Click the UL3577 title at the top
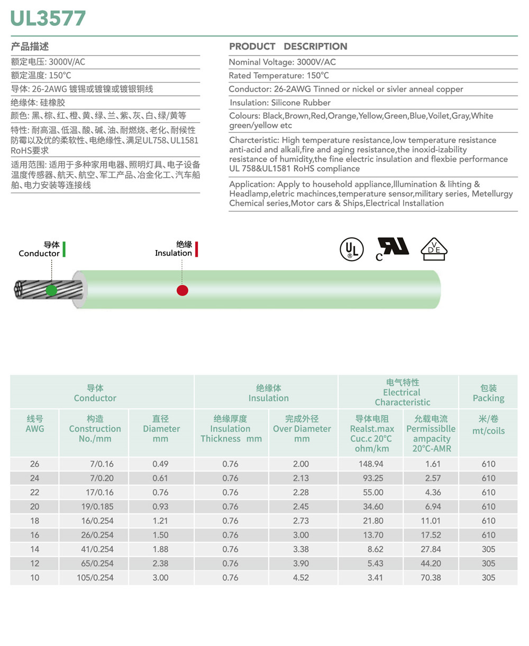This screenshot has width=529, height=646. coord(48,18)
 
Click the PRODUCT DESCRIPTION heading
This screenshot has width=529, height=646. coord(288,47)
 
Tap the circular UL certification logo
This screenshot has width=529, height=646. coord(351,249)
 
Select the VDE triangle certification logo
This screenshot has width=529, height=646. coord(434,249)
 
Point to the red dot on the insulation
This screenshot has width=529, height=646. coord(182,290)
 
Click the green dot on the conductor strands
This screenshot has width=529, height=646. coord(51,290)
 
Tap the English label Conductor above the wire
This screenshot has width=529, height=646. coord(39,254)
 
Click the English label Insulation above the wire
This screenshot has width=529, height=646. coord(174,253)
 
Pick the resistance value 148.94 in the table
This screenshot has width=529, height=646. coord(375,464)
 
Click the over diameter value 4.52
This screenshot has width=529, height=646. coord(300,578)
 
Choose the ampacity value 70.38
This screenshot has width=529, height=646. coord(431,578)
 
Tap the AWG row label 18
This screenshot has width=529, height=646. coord(34,521)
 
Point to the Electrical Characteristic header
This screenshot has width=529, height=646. coord(402,392)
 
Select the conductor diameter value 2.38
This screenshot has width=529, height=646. coord(160,563)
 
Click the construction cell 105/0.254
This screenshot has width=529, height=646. coord(95,578)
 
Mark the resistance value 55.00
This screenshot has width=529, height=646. coord(375,492)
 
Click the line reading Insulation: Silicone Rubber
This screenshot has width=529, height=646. coord(280,103)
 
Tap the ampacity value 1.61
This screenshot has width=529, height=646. coord(432,464)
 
